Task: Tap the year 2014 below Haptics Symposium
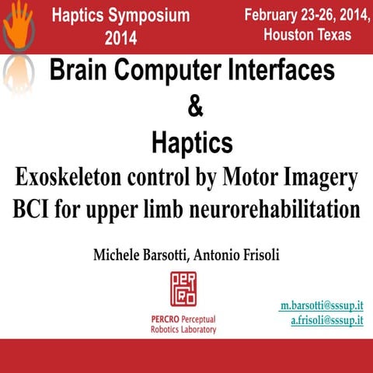(120, 37)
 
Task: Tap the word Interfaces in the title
(281, 71)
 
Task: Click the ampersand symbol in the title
(195, 108)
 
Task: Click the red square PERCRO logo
(183, 289)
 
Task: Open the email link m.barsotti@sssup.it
(321, 306)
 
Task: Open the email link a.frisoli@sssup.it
(326, 320)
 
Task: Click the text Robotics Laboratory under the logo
(183, 329)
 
